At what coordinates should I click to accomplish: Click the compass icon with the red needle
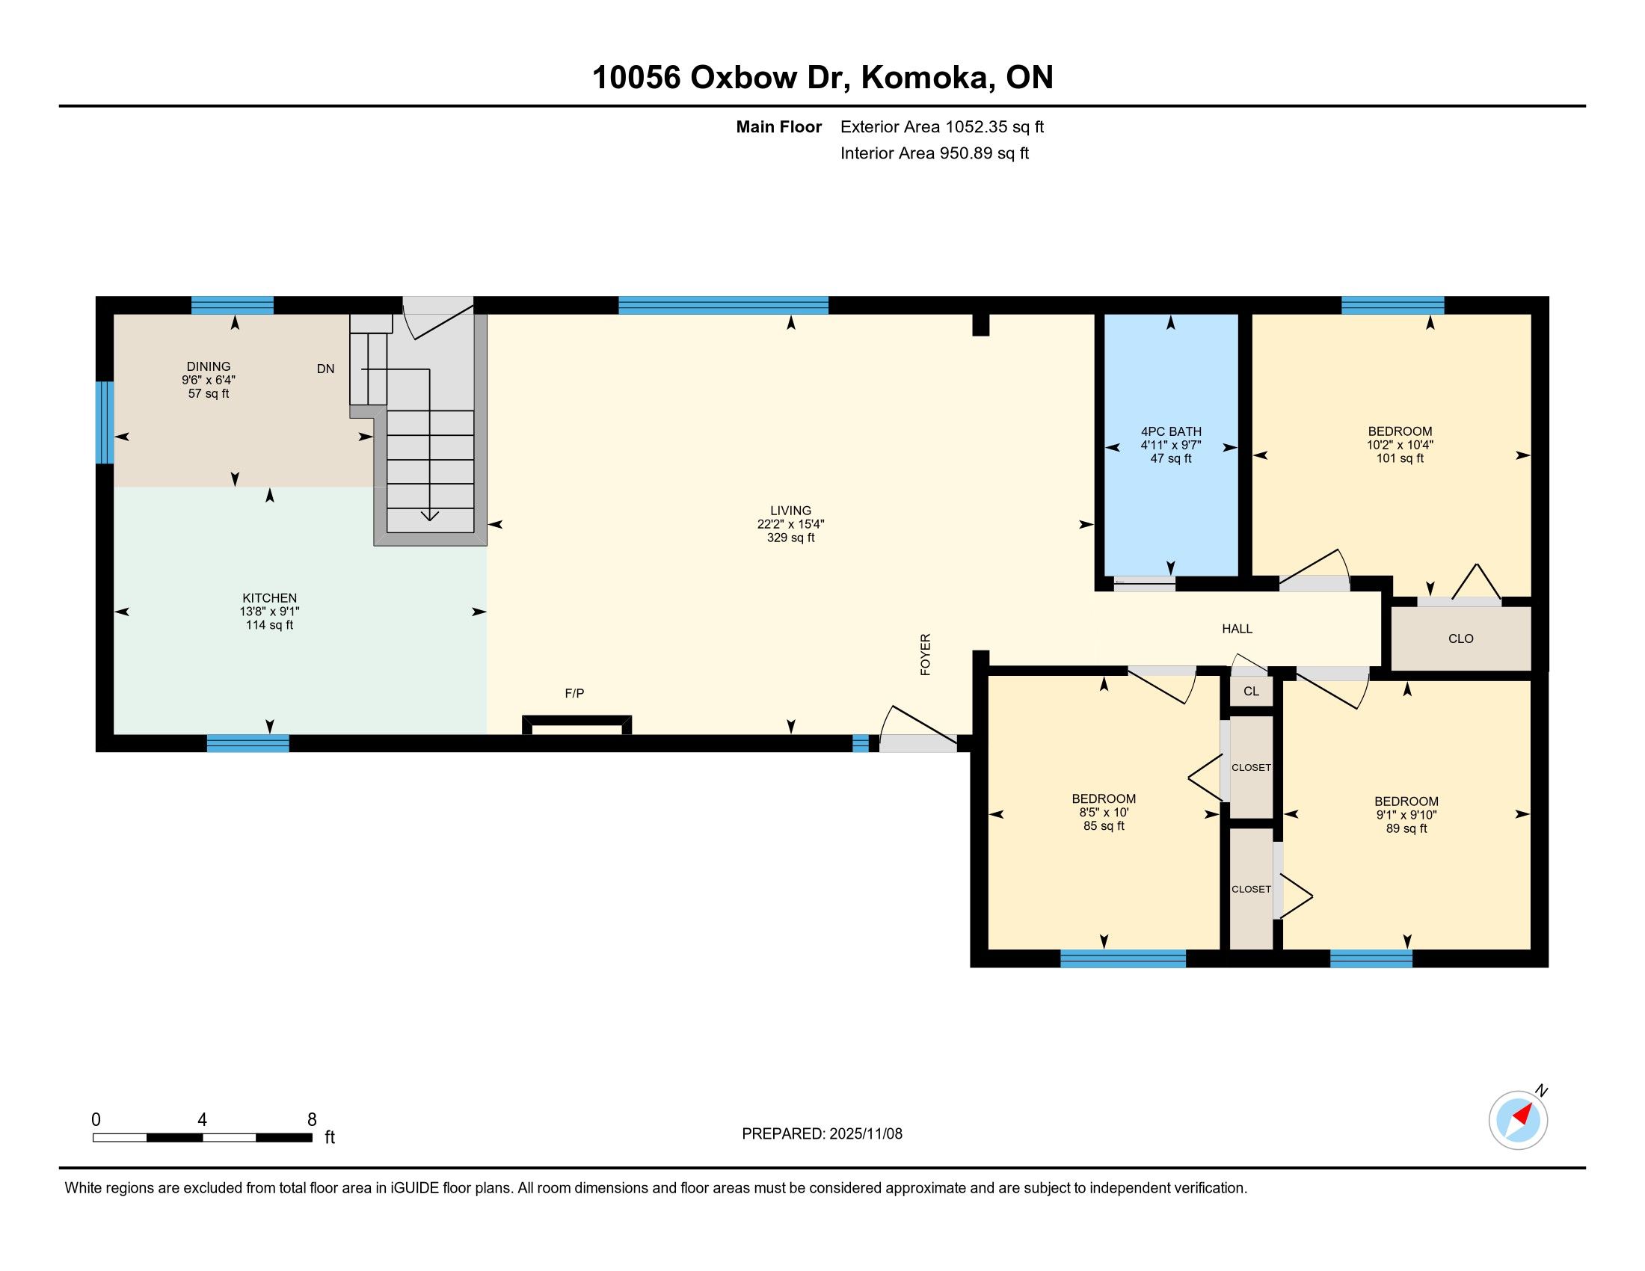click(1518, 1120)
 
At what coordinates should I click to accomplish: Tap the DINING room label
click(209, 366)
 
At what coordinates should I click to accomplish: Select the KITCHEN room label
click(270, 598)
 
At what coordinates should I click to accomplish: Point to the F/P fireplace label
click(575, 693)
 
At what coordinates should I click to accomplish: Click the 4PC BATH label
click(1171, 431)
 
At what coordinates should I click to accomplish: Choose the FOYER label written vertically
click(926, 654)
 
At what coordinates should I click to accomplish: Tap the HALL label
click(1237, 629)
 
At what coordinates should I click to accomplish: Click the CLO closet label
click(1460, 638)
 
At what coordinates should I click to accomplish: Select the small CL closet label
click(1251, 692)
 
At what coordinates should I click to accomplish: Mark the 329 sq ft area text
click(791, 538)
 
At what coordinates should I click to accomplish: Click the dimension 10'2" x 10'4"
click(1400, 444)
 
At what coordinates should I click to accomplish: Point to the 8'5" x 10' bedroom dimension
click(1104, 813)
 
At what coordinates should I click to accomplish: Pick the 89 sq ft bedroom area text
click(1406, 828)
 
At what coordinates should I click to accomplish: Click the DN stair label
click(325, 369)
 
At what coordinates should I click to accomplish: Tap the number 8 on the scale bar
click(312, 1120)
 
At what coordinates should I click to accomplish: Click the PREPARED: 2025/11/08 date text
click(822, 1134)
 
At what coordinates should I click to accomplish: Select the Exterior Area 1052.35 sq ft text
click(942, 126)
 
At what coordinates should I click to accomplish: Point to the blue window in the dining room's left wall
click(105, 422)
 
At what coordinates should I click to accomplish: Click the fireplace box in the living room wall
click(577, 724)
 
